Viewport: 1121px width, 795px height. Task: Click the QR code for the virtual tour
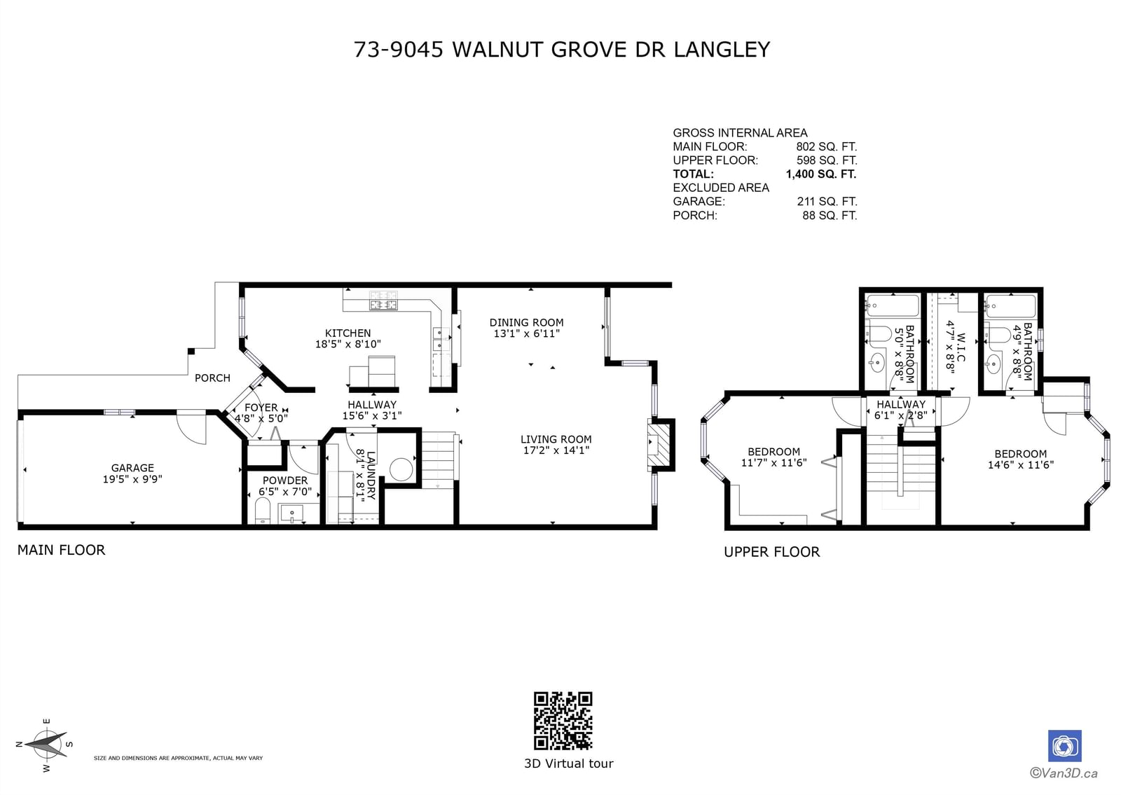pos(563,721)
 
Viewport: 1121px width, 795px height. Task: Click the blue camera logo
pos(1064,746)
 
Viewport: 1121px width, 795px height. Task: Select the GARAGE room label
pos(132,468)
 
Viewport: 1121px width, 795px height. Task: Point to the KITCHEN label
pos(348,333)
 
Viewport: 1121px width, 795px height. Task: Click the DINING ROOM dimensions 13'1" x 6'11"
pos(526,333)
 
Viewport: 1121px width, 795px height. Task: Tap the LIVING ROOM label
pos(556,439)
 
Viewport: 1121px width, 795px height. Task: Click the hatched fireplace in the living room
pos(659,445)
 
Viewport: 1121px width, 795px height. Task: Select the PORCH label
pos(213,378)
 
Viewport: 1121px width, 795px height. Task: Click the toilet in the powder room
pos(262,511)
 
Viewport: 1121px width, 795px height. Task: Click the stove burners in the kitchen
pos(383,300)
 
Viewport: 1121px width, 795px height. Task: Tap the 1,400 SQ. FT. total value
pos(820,174)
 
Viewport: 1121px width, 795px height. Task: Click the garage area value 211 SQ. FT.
pos(827,202)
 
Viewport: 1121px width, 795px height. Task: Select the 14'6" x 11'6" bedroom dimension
pos(1020,465)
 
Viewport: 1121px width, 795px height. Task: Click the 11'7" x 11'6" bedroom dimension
pos(773,463)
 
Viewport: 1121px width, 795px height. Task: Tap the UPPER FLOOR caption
pos(771,552)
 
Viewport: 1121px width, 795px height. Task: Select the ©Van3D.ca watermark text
pos(1064,773)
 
